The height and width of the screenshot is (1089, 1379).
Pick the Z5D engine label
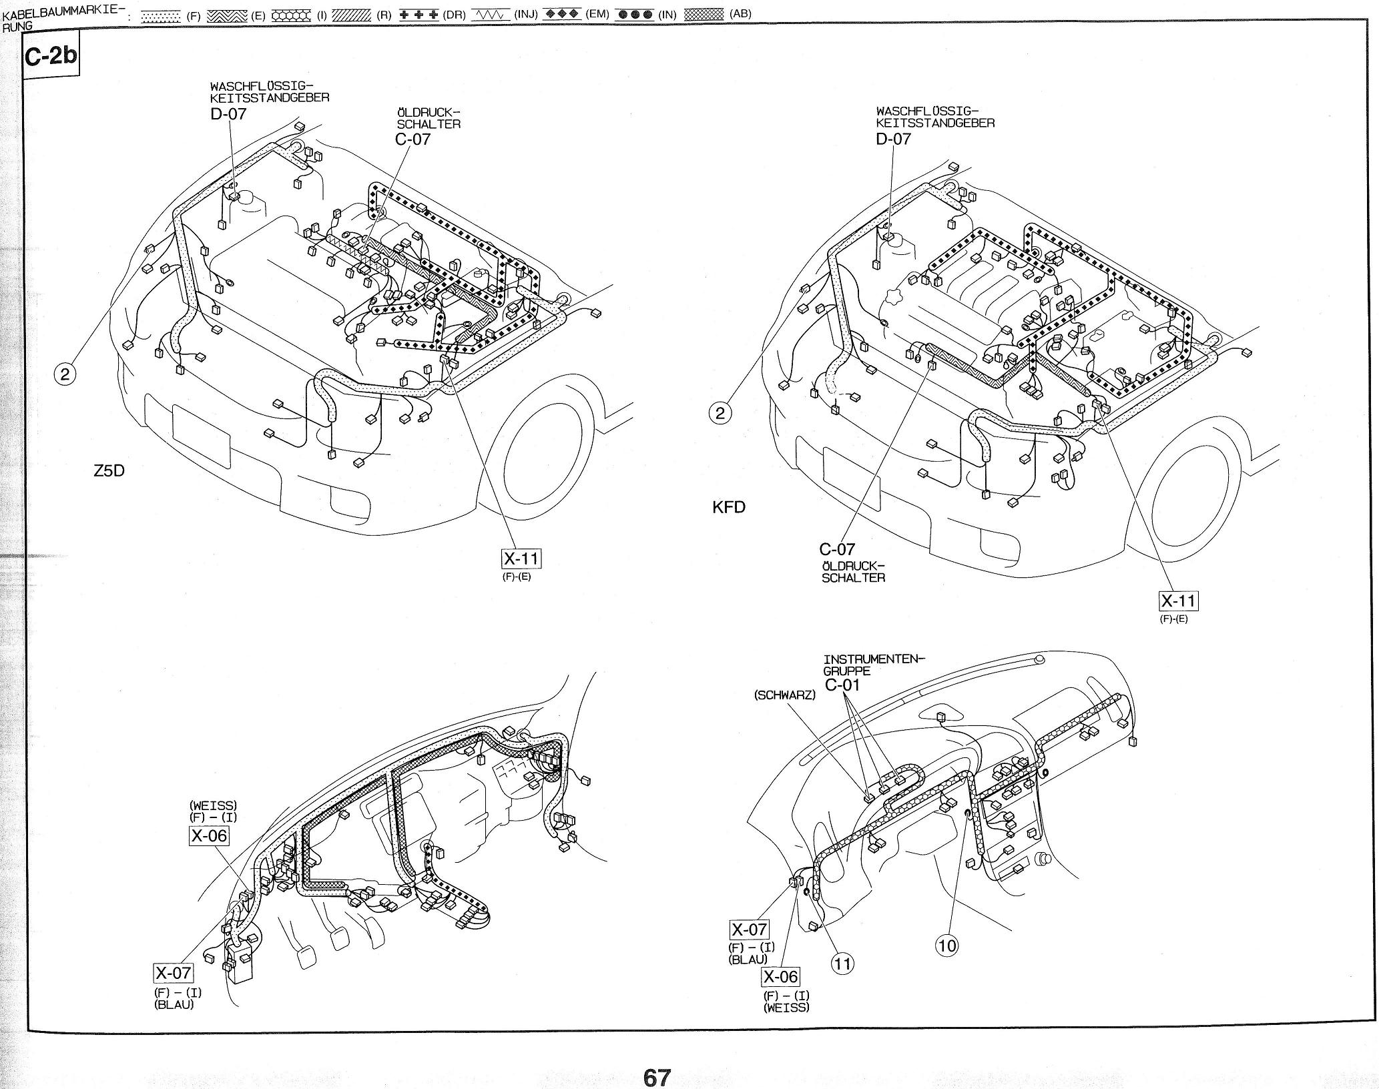click(109, 471)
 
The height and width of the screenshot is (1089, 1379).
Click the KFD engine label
click(729, 507)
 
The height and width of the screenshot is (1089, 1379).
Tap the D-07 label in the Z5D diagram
click(228, 113)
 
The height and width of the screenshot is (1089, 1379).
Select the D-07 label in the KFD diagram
click(894, 139)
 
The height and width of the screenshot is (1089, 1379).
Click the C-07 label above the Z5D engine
click(412, 139)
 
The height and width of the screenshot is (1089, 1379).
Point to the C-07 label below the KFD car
click(837, 549)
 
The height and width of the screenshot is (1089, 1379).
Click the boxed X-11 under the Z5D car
click(521, 558)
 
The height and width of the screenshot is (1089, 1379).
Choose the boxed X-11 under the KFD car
click(1179, 601)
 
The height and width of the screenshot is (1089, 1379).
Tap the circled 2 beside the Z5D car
click(65, 374)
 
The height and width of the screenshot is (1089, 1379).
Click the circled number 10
click(947, 945)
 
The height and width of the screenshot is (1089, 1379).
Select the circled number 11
click(843, 963)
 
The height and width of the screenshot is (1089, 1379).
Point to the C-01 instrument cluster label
click(842, 685)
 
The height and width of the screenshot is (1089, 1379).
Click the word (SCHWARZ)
click(784, 695)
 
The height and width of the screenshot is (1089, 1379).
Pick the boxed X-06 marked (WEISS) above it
click(209, 835)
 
